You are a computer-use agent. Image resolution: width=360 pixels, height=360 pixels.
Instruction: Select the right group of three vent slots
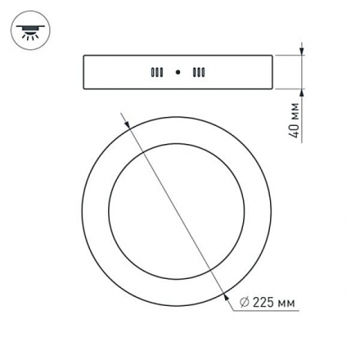tap(198, 72)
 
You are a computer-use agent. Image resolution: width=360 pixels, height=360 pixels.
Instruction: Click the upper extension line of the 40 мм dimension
tap(288, 56)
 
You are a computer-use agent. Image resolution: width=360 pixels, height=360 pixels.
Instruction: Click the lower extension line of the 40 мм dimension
tap(288, 88)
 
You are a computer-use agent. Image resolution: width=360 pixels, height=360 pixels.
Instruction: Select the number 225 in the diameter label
tap(262, 304)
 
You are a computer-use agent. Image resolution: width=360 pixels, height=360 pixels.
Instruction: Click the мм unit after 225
tap(285, 304)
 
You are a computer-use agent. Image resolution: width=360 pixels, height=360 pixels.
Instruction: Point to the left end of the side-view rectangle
tap(83, 72)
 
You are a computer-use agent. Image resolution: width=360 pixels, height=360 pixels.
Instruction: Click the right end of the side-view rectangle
tap(272, 72)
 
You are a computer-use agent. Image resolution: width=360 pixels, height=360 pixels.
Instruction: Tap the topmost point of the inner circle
tap(178, 142)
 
